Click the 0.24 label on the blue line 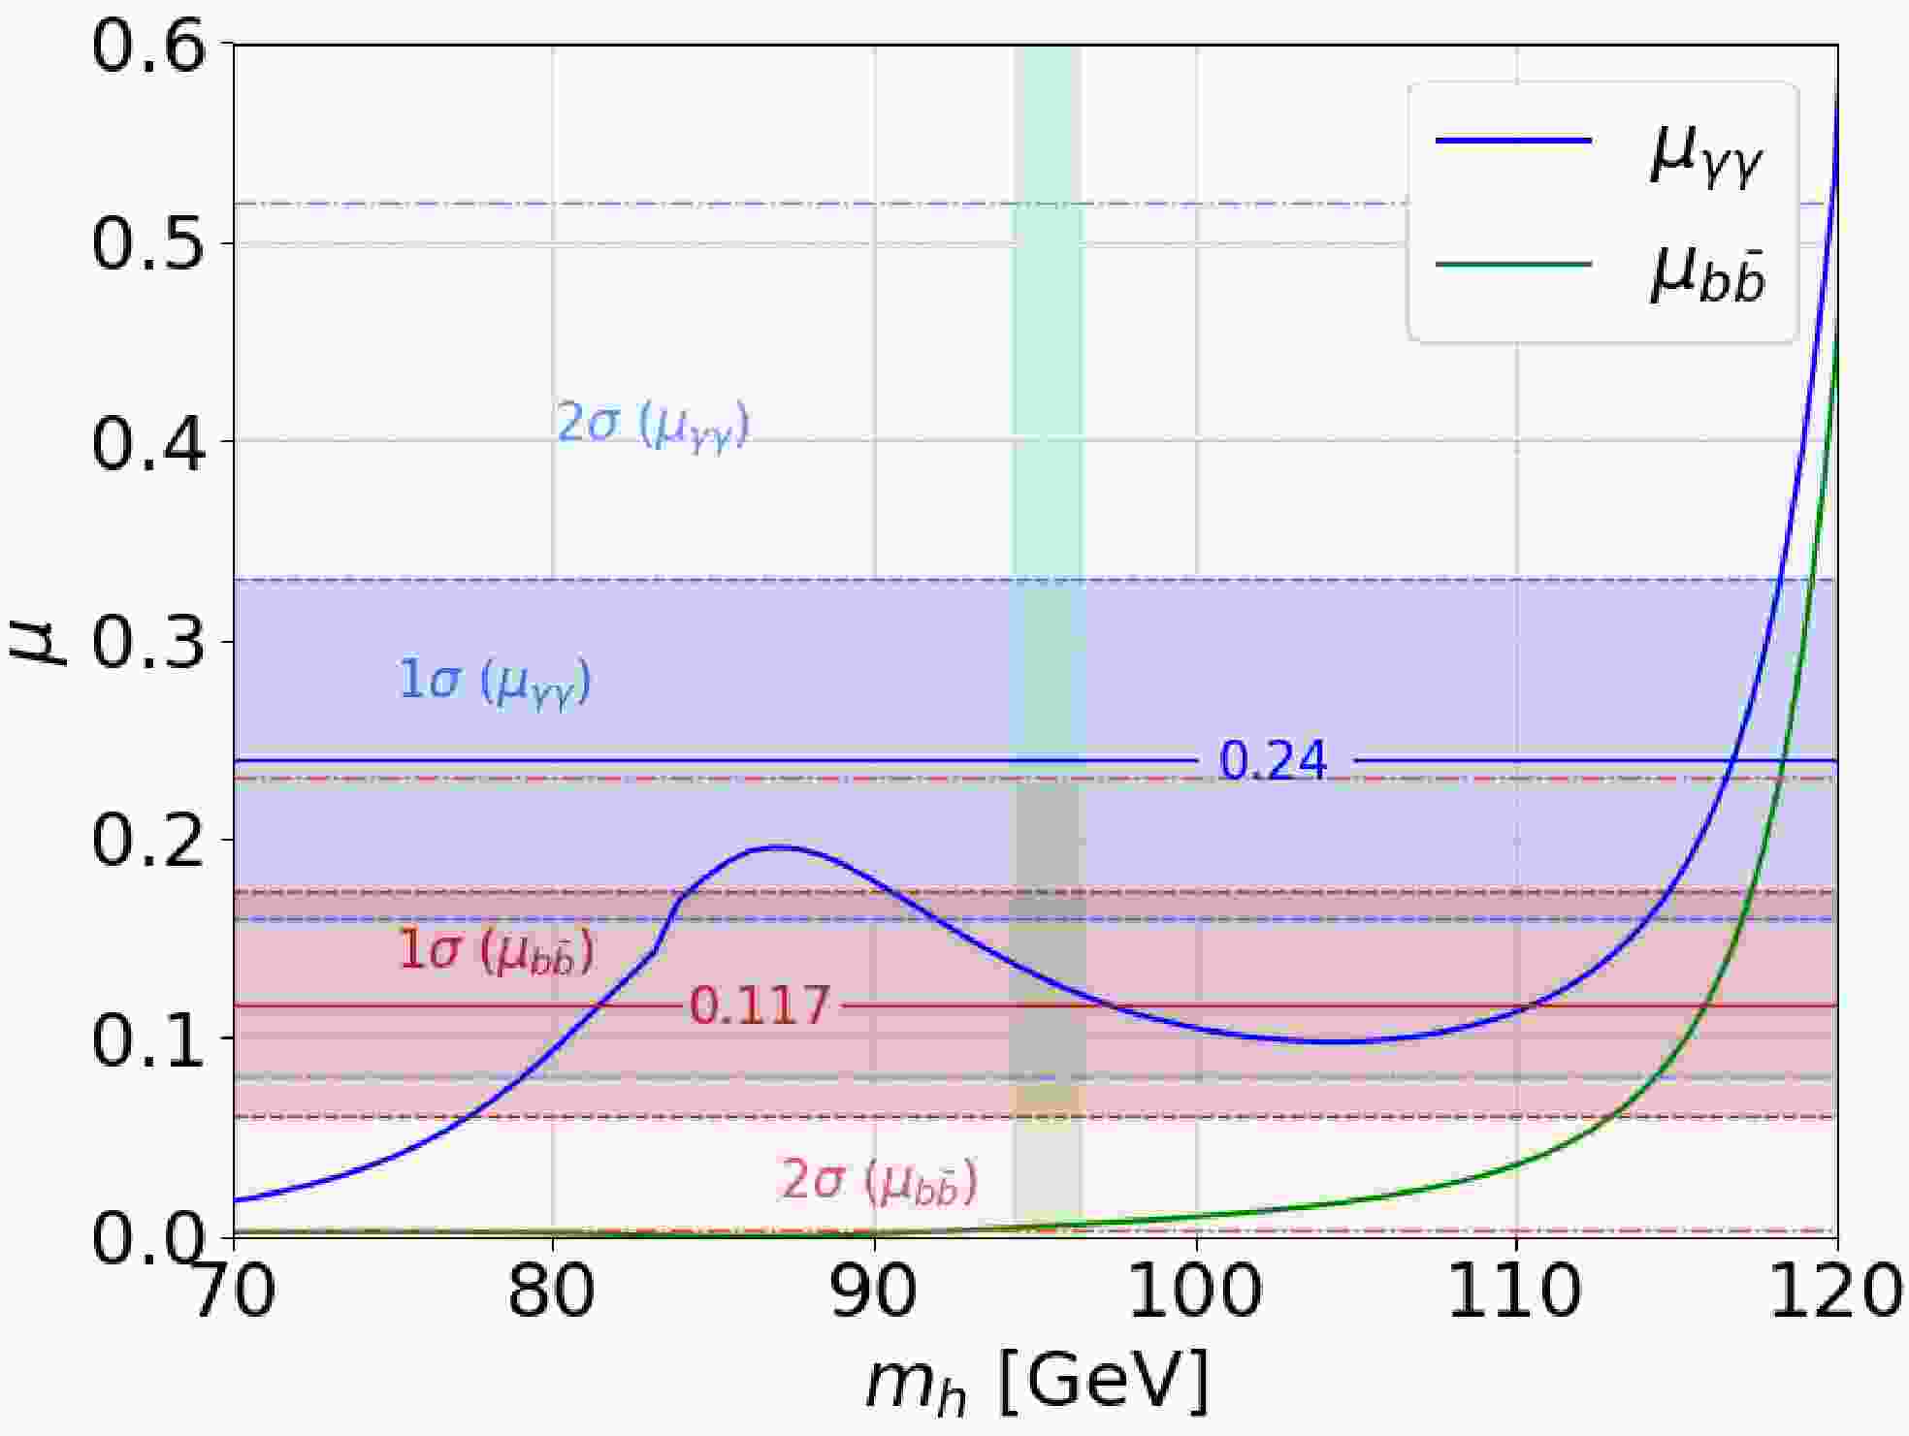(1273, 761)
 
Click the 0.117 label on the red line (760, 1006)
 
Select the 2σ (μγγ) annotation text (653, 426)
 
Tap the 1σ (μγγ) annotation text (495, 682)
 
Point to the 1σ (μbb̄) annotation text (496, 952)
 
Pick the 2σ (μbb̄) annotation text (879, 1182)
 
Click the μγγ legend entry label (1705, 155)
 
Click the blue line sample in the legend (1513, 141)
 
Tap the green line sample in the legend (1513, 264)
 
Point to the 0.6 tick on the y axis (148, 46)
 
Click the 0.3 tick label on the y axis (148, 642)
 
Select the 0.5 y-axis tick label (148, 243)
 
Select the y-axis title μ (37, 640)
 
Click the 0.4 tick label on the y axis (148, 442)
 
